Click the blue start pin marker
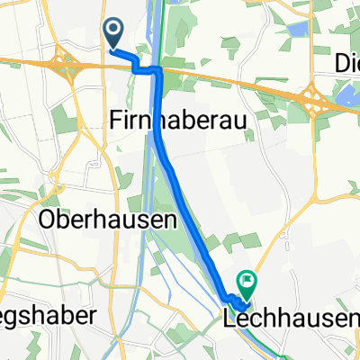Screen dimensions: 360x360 [114, 33]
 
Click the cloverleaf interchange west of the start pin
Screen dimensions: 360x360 [65, 63]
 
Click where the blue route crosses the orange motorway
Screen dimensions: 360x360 [159, 69]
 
